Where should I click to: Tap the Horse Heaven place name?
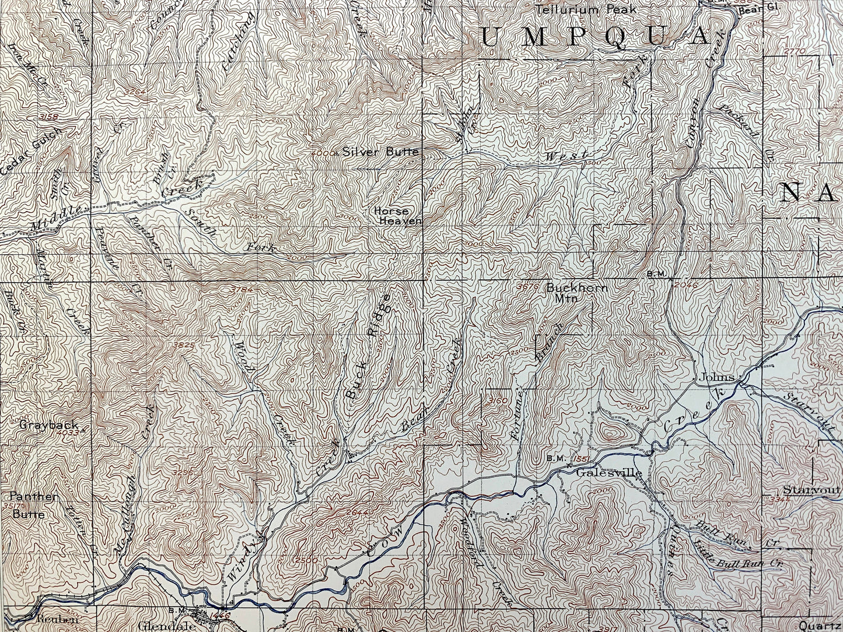click(400, 216)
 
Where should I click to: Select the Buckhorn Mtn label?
click(576, 292)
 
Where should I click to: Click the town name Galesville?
click(608, 473)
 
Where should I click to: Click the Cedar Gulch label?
click(32, 150)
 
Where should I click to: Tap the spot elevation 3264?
click(135, 91)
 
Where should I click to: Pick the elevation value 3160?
click(498, 401)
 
